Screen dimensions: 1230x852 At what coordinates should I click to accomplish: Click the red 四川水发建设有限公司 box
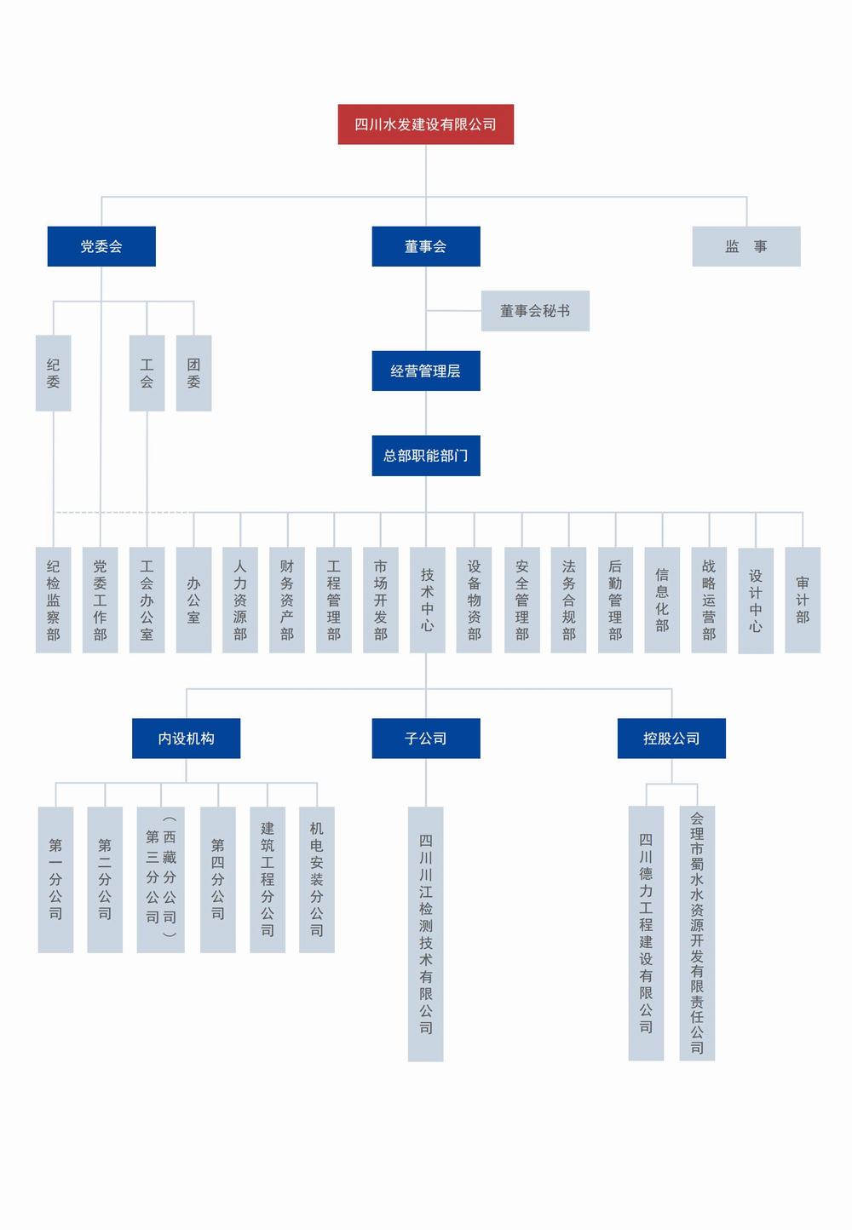click(425, 124)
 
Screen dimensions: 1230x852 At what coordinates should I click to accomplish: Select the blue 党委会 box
click(101, 246)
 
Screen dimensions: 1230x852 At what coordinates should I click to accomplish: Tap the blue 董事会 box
click(425, 246)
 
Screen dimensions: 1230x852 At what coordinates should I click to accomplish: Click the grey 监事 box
click(745, 246)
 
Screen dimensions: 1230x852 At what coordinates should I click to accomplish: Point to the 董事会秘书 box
click(534, 311)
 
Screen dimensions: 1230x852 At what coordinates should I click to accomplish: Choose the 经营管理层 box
click(425, 371)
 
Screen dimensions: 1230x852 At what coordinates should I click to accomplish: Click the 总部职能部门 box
click(425, 455)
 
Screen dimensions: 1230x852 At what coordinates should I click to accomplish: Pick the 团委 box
click(193, 373)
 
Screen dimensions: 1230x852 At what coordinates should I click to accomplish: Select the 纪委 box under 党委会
click(53, 373)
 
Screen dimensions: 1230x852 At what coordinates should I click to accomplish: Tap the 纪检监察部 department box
click(53, 600)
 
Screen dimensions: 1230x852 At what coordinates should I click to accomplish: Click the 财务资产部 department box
click(287, 600)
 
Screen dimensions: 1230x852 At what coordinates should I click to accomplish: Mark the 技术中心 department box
click(427, 600)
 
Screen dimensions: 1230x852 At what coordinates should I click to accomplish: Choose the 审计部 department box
click(802, 600)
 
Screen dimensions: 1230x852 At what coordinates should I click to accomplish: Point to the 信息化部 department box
click(662, 600)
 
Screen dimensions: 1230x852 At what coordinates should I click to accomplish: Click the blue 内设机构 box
click(186, 739)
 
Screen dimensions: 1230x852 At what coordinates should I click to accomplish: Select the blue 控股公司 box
click(671, 739)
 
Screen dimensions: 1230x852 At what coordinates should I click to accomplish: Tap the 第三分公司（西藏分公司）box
click(160, 879)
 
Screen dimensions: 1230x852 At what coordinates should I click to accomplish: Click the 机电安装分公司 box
click(316, 879)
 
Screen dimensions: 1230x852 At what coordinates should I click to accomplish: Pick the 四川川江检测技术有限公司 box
click(425, 934)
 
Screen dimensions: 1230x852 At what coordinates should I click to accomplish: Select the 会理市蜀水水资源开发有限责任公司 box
click(697, 933)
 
